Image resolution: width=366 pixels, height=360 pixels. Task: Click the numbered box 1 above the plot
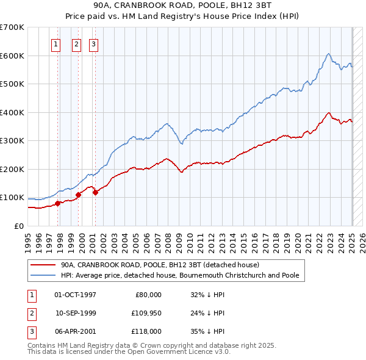pyautogui.click(x=56, y=44)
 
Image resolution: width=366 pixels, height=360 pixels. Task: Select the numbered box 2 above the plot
pyautogui.click(x=77, y=44)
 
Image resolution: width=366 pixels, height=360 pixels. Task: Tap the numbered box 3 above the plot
pyautogui.click(x=94, y=44)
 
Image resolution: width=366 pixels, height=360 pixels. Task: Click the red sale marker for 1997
pyautogui.click(x=57, y=203)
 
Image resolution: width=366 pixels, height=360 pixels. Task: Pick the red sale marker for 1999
pyautogui.click(x=78, y=195)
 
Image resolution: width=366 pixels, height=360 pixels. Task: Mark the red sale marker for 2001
pyautogui.click(x=95, y=193)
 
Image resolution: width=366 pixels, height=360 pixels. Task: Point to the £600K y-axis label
pyautogui.click(x=12, y=56)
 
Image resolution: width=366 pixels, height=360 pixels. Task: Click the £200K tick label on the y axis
pyautogui.click(x=12, y=169)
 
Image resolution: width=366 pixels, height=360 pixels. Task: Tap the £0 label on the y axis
pyautogui.click(x=18, y=226)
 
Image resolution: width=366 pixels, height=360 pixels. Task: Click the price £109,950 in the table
pyautogui.click(x=145, y=313)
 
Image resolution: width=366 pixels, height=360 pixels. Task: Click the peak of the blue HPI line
pyautogui.click(x=328, y=54)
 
